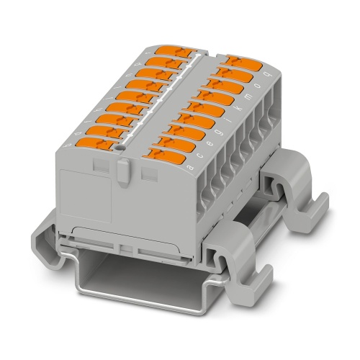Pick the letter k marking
[x=240, y=107]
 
